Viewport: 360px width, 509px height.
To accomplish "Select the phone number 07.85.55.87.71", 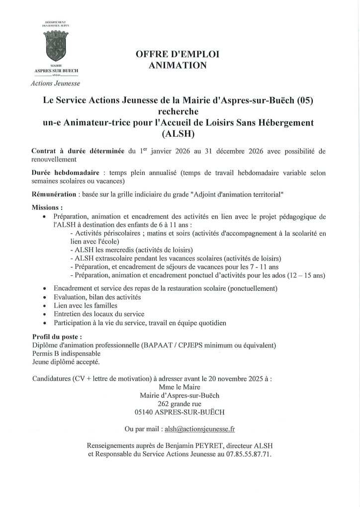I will click(251, 454).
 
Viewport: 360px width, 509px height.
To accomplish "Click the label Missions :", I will click(47, 207).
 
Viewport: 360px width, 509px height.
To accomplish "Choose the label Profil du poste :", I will click(57, 337).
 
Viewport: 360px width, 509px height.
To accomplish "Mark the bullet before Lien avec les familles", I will click(46, 305).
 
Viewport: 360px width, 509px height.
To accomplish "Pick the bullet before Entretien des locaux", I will click(46, 314).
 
